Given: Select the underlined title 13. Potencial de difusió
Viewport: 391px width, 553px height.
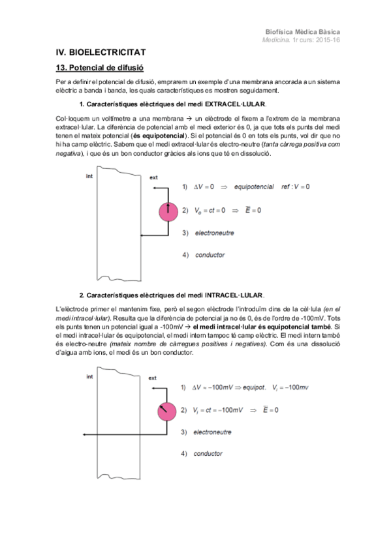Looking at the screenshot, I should [99, 67].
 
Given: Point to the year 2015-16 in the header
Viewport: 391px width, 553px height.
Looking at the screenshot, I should [325, 39].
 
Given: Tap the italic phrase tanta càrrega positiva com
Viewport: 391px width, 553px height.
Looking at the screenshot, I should [298, 146].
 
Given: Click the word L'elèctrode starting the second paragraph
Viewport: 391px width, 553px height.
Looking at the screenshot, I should [73, 308].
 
